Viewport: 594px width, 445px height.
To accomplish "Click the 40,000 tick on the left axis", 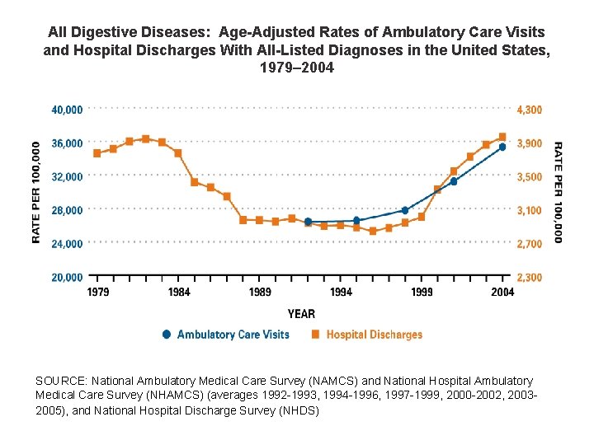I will click(x=67, y=109).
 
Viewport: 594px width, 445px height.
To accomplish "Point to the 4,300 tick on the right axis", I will click(x=530, y=110).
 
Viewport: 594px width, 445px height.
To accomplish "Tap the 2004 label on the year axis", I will click(x=502, y=293).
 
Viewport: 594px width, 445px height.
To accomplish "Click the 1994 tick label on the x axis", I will click(x=341, y=293).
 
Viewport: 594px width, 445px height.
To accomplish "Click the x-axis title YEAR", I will click(x=301, y=313).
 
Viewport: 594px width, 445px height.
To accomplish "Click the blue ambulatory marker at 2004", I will click(x=502, y=147).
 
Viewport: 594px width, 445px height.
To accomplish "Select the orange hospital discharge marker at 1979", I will click(x=97, y=153).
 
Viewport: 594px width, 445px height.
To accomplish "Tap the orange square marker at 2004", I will click(x=502, y=137).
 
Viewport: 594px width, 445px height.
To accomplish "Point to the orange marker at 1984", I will click(x=178, y=153).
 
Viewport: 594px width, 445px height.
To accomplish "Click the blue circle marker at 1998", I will click(x=405, y=210).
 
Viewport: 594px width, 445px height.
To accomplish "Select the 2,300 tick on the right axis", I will click(x=530, y=278).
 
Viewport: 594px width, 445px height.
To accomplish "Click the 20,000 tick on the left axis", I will click(x=67, y=278).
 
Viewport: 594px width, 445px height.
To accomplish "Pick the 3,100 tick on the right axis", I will click(x=530, y=210).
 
